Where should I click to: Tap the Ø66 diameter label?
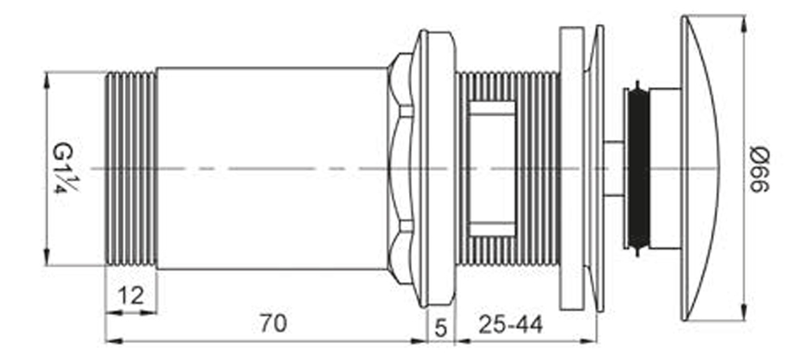[x=760, y=169]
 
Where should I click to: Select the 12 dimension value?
[x=130, y=296]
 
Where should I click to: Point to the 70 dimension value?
[x=273, y=324]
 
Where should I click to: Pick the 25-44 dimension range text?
[x=511, y=324]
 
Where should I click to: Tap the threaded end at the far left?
[x=131, y=169]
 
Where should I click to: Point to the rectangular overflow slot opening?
[x=491, y=169]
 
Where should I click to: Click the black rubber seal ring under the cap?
[x=638, y=169]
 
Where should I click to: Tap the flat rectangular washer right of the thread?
[x=572, y=169]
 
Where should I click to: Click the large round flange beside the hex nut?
[x=436, y=169]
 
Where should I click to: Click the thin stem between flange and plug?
[x=613, y=169]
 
